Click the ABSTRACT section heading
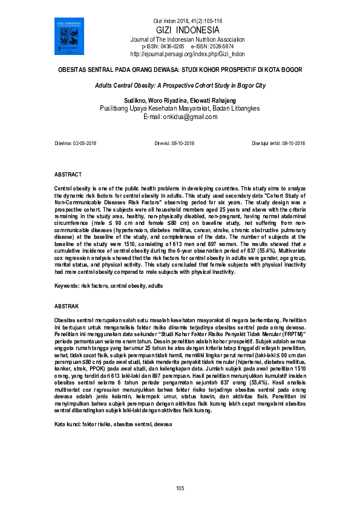pyautogui.click(x=68, y=174)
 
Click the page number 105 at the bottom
pyautogui.click(x=180, y=488)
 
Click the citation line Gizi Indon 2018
pyautogui.click(x=180, y=22)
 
